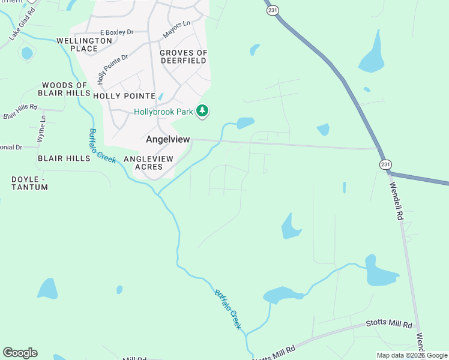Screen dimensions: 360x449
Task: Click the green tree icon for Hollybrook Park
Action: click(x=203, y=110)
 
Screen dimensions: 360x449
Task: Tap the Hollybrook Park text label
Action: click(x=163, y=112)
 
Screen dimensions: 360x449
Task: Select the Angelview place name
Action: click(x=168, y=139)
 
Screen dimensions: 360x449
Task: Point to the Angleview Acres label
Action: click(x=148, y=163)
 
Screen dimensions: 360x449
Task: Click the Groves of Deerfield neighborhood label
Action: click(x=184, y=57)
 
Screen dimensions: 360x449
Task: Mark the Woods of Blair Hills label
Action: click(x=65, y=89)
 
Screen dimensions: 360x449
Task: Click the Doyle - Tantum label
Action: click(x=30, y=184)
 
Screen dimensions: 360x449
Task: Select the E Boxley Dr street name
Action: click(x=116, y=32)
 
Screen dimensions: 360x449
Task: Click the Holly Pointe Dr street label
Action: click(x=113, y=69)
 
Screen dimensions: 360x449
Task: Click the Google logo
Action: click(x=20, y=353)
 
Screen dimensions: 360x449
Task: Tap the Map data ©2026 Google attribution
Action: click(x=412, y=355)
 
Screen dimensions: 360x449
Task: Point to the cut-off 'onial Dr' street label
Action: click(x=11, y=147)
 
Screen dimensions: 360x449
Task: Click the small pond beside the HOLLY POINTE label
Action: click(x=160, y=97)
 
